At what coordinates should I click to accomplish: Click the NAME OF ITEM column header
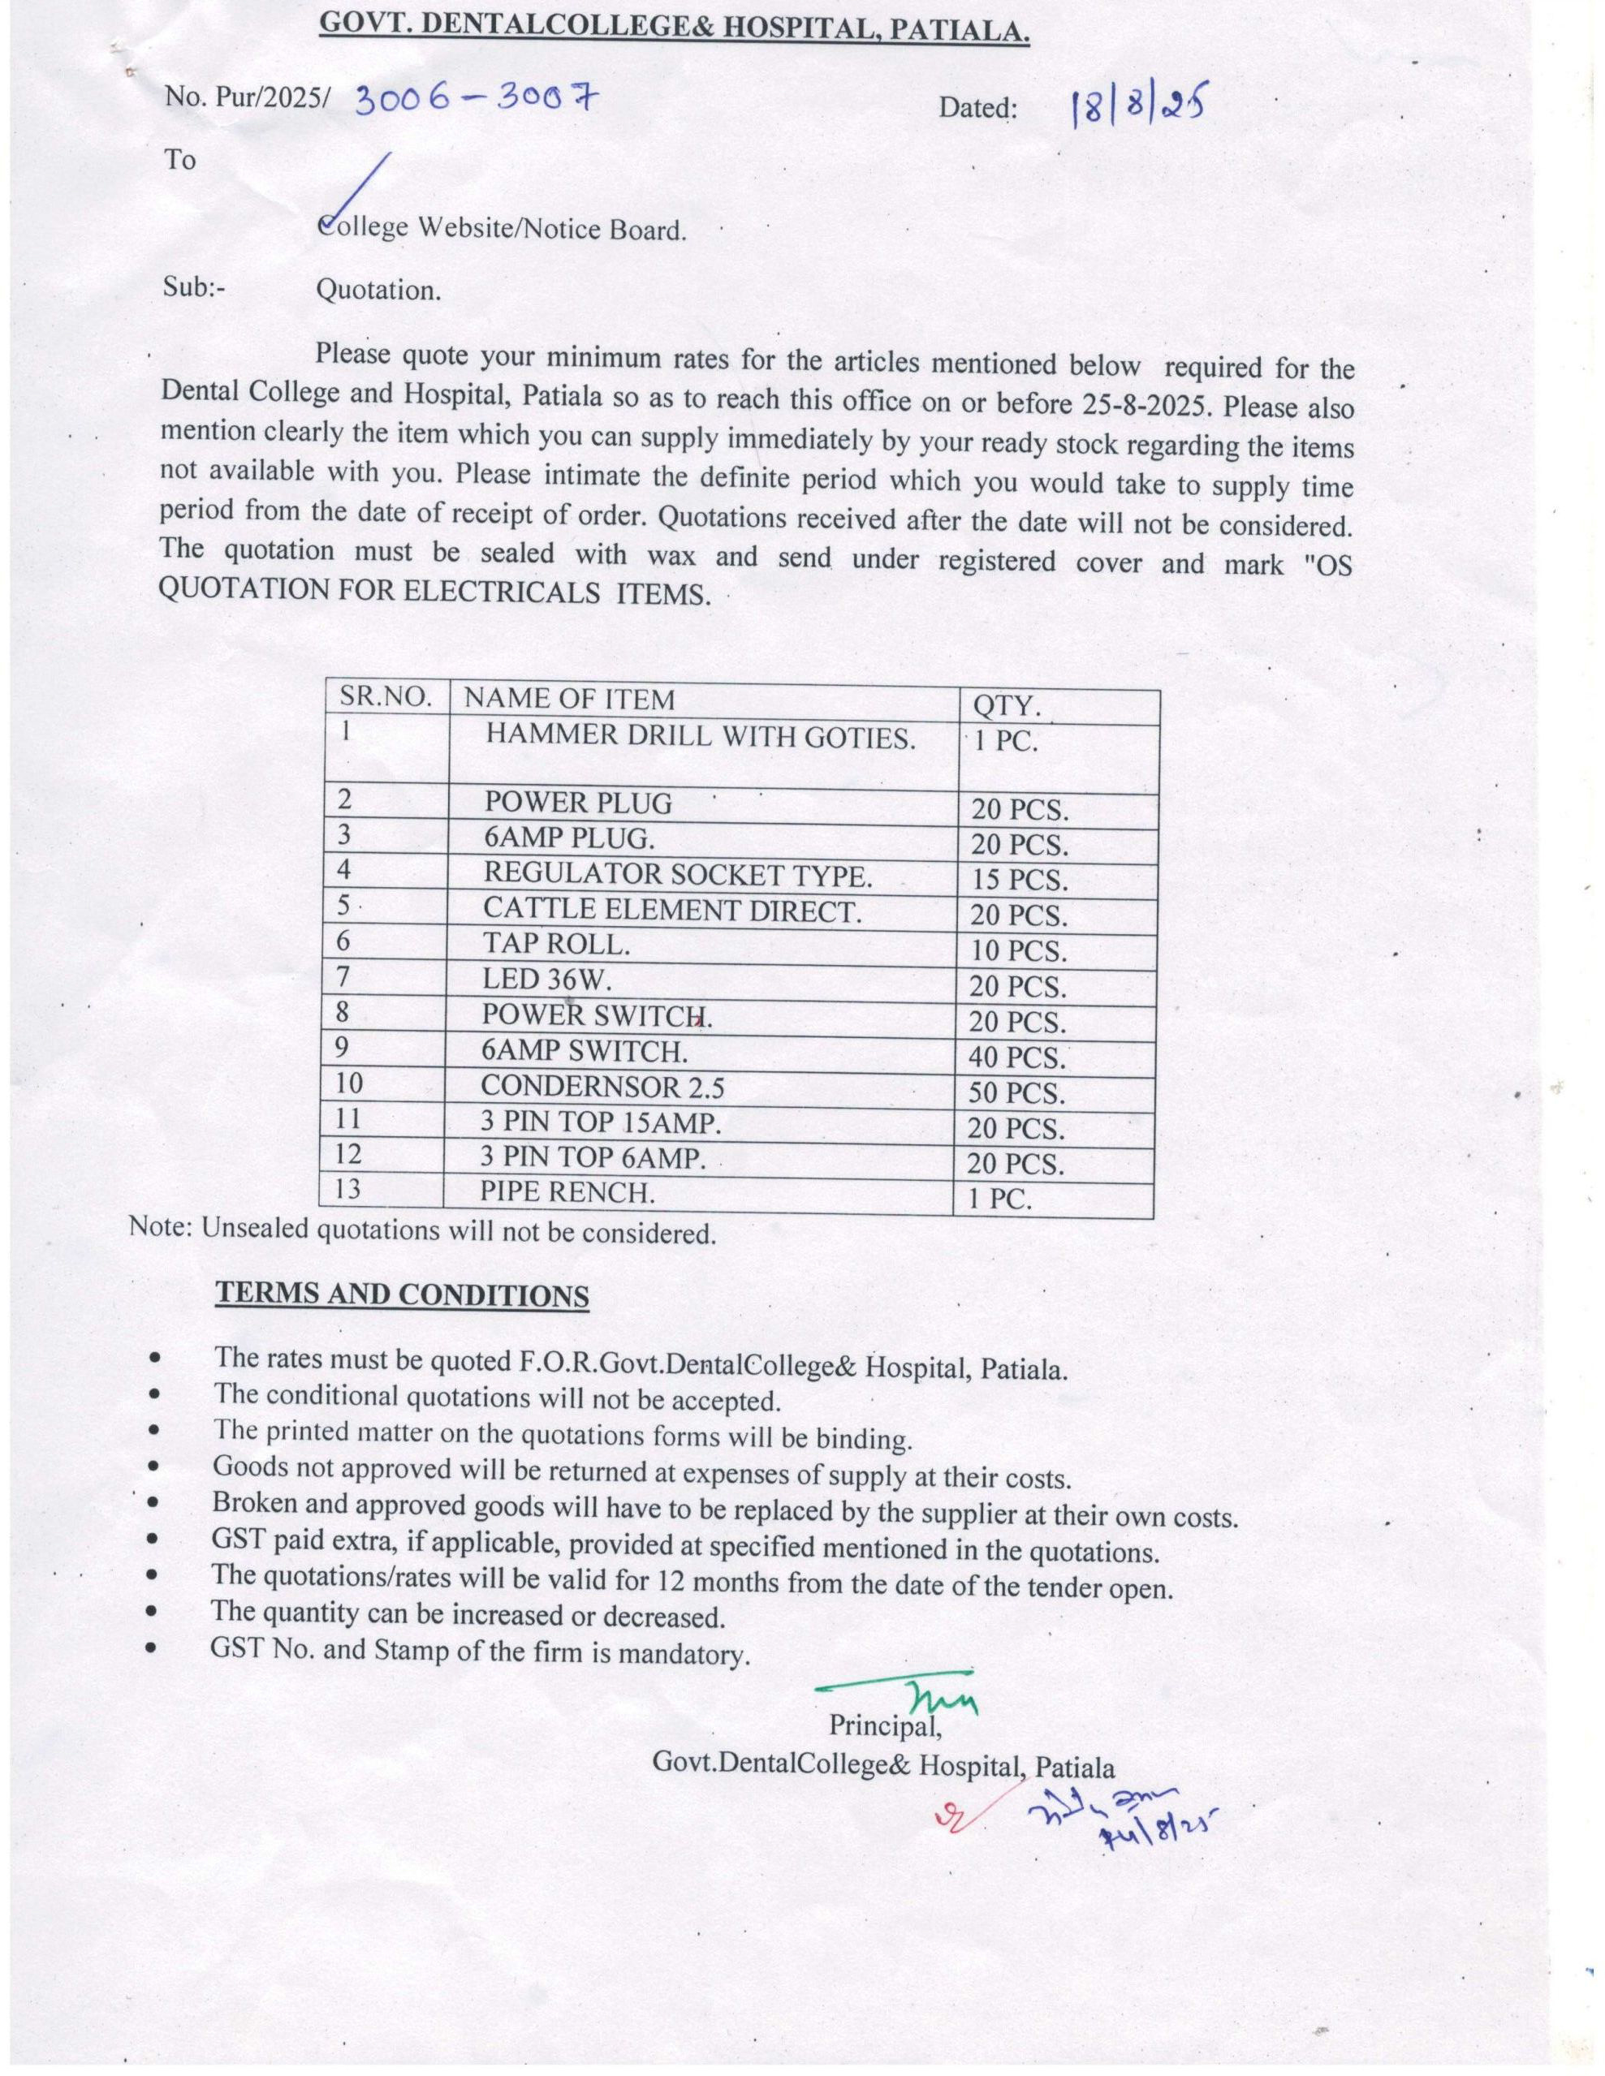(568, 700)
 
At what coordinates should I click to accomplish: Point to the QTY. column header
(1006, 706)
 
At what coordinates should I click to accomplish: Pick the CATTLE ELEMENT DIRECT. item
(671, 910)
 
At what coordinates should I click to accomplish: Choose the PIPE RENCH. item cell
(567, 1192)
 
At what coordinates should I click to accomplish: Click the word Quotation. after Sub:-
(378, 290)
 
